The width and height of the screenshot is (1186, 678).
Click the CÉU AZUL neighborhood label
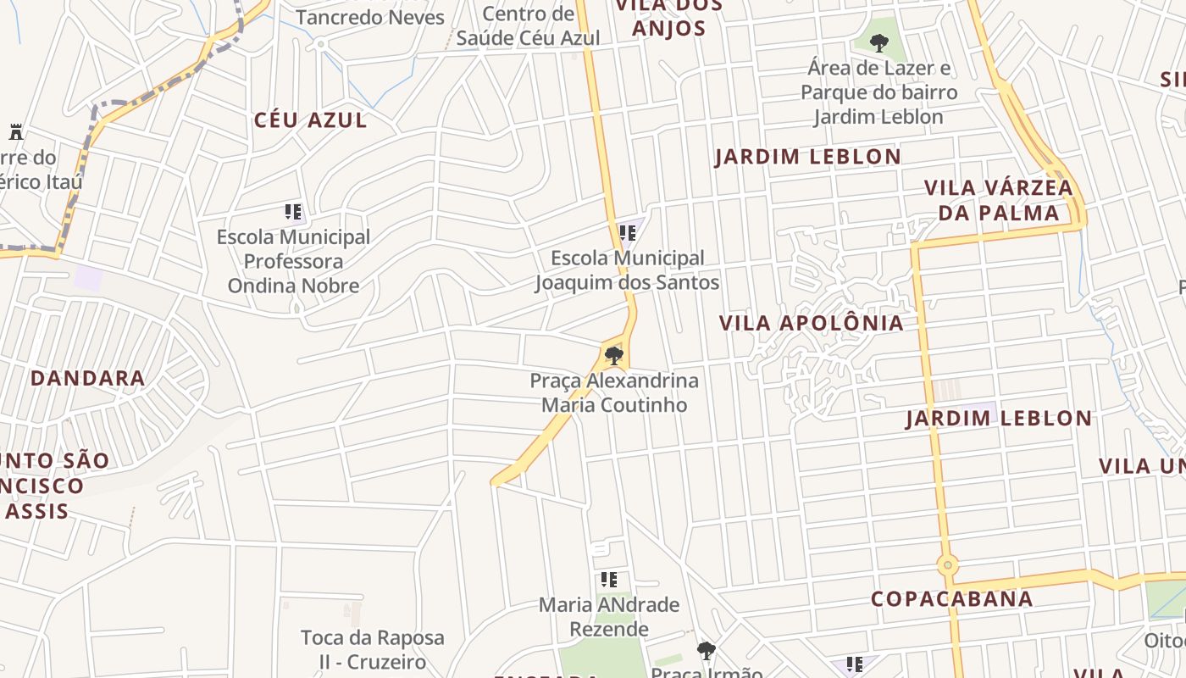pyautogui.click(x=311, y=120)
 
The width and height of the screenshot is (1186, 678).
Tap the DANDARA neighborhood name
pyautogui.click(x=87, y=378)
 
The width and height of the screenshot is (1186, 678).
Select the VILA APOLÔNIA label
pyautogui.click(x=811, y=323)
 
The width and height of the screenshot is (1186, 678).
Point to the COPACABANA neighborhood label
pyautogui.click(x=952, y=599)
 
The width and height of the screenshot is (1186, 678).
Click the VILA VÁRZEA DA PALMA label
pyautogui.click(x=998, y=200)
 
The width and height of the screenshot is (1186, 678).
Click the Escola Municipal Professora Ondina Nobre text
pyautogui.click(x=294, y=261)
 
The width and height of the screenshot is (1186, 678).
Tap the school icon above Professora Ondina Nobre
pyautogui.click(x=293, y=212)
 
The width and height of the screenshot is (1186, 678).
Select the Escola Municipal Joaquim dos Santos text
pyautogui.click(x=627, y=270)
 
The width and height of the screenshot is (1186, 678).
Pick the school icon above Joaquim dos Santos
pyautogui.click(x=628, y=232)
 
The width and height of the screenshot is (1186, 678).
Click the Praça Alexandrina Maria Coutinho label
pyautogui.click(x=614, y=392)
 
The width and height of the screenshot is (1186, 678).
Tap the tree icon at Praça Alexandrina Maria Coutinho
pyautogui.click(x=614, y=355)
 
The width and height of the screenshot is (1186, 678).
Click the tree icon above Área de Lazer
pyautogui.click(x=879, y=41)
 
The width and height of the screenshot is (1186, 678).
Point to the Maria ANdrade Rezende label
pyautogui.click(x=609, y=617)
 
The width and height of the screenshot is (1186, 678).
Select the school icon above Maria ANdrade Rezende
pyautogui.click(x=609, y=580)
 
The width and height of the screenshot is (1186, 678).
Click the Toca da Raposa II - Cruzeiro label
pyautogui.click(x=373, y=648)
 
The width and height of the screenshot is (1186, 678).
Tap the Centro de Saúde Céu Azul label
pyautogui.click(x=529, y=26)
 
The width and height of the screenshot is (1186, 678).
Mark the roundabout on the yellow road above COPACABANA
pyautogui.click(x=947, y=564)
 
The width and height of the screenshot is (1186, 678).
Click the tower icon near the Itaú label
pyautogui.click(x=15, y=132)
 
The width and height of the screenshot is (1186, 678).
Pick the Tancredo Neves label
pyautogui.click(x=370, y=17)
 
